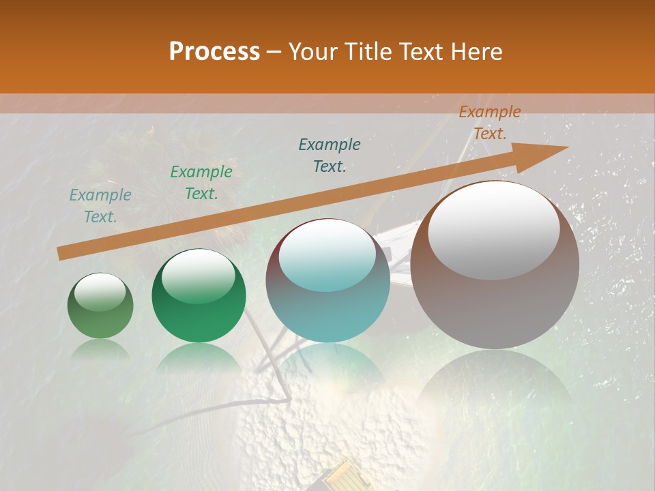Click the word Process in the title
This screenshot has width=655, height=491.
coord(214,52)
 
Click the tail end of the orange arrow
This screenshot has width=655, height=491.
coord(60,254)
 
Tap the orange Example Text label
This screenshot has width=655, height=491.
coord(489,123)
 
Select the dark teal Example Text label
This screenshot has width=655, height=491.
coord(330,155)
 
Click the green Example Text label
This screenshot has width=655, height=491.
coord(201,182)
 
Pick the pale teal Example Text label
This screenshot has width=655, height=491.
coord(100,205)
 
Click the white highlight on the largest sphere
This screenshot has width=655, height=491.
coord(493,230)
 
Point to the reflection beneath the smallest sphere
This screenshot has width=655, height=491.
coord(100,351)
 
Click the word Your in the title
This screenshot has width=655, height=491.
coord(310,52)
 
